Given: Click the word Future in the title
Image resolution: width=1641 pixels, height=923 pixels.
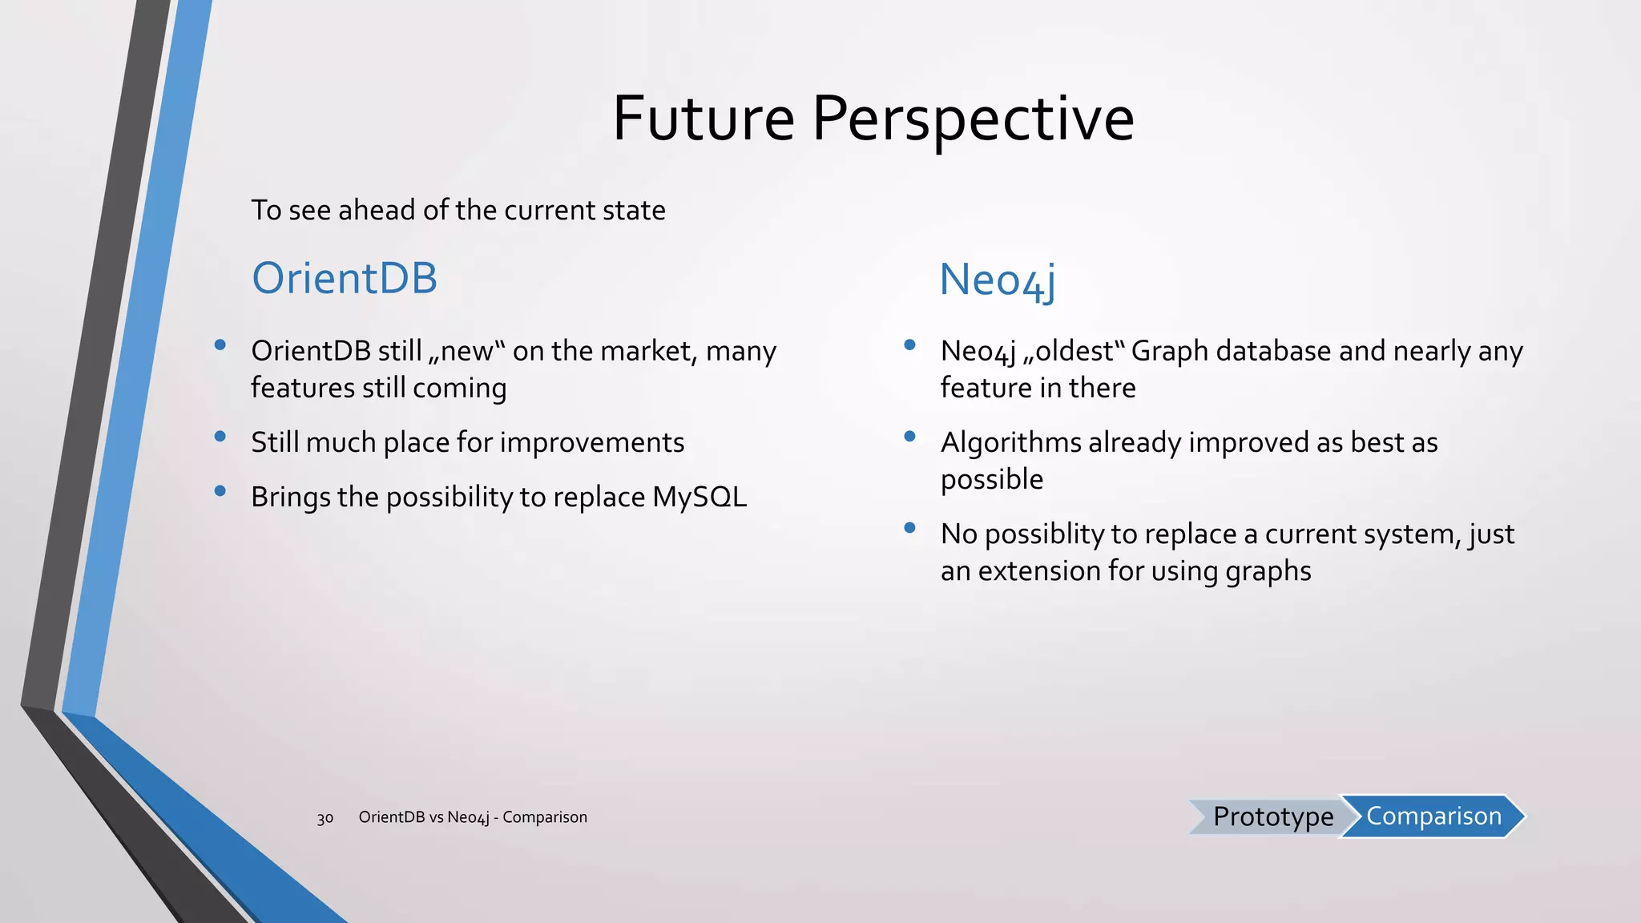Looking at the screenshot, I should click(703, 119).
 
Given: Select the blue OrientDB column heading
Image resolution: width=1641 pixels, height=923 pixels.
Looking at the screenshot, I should click(345, 278).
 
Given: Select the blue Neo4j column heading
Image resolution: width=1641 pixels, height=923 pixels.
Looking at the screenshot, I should click(997, 280).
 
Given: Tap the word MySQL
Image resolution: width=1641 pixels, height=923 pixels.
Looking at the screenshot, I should click(700, 497).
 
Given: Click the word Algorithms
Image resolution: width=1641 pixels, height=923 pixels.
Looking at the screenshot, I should click(1010, 442).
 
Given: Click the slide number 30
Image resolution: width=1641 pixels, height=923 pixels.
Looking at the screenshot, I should click(325, 818).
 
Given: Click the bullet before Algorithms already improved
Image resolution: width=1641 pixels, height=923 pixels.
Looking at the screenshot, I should click(909, 437).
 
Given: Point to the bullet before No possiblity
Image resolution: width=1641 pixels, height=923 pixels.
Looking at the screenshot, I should click(909, 528).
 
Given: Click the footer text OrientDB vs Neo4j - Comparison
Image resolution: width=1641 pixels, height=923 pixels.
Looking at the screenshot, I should click(473, 817).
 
